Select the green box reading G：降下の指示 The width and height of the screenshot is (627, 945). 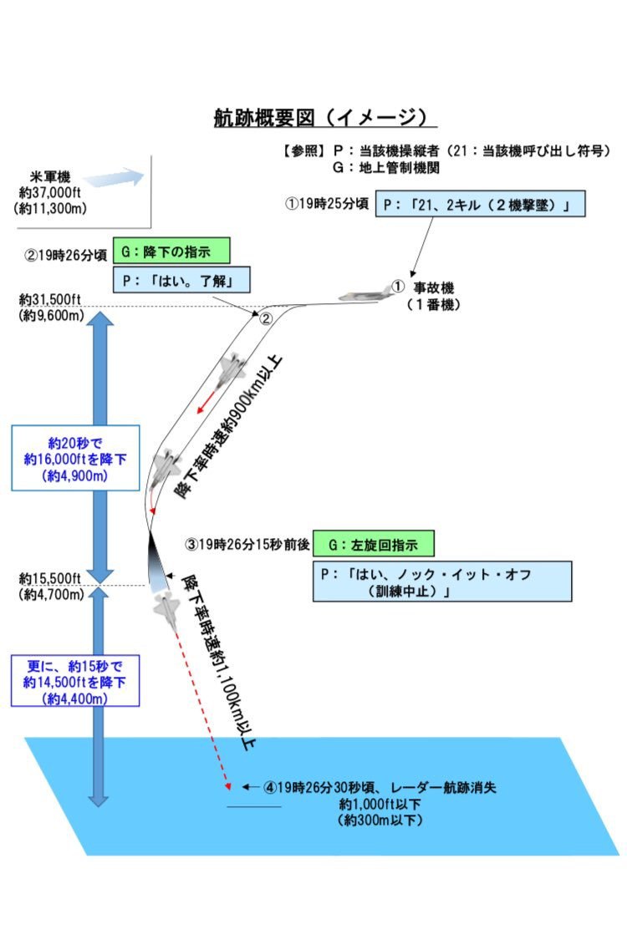171,251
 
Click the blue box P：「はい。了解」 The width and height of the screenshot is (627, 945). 181,280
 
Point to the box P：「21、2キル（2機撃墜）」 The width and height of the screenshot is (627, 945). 480,204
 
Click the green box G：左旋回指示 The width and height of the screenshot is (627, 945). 374,544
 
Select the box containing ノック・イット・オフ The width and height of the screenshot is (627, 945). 442,582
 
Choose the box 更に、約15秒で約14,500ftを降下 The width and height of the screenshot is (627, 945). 75,681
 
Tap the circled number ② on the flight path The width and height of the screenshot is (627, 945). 266,319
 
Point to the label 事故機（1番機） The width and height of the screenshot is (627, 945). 433,296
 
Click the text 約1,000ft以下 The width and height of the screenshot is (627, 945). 380,804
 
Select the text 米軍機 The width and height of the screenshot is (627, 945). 50,176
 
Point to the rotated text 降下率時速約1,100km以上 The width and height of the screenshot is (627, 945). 219,663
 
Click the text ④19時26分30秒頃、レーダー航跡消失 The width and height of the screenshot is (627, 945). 380,787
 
